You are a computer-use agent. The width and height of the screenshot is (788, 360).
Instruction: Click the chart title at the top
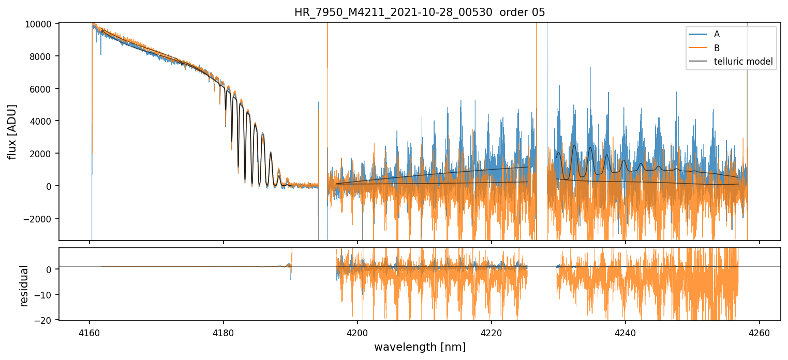420,12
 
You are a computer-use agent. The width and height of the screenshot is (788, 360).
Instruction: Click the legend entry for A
717,34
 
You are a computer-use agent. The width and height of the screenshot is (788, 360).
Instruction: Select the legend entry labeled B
717,48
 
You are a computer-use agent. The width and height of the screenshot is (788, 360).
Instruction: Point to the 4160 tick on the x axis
90,333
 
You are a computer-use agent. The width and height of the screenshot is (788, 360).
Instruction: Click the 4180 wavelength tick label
224,333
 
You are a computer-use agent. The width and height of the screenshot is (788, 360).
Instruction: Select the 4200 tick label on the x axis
358,333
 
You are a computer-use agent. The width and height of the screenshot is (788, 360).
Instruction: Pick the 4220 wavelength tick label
492,333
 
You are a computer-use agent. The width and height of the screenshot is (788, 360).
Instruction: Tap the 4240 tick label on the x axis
626,333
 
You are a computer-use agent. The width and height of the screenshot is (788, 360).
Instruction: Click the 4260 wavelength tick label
760,333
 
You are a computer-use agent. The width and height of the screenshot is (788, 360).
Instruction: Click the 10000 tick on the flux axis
40,24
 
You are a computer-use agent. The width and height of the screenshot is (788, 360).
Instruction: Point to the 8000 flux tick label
42,56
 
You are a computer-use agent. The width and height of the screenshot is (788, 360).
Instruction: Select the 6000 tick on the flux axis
42,89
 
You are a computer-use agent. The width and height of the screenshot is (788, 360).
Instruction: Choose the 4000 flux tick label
42,121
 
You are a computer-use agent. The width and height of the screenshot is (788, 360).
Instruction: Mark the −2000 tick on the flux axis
40,218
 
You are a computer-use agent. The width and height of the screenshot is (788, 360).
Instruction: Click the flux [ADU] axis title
12,131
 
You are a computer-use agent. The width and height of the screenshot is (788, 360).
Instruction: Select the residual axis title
23,286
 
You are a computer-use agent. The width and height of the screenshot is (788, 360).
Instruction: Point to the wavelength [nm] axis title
420,347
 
